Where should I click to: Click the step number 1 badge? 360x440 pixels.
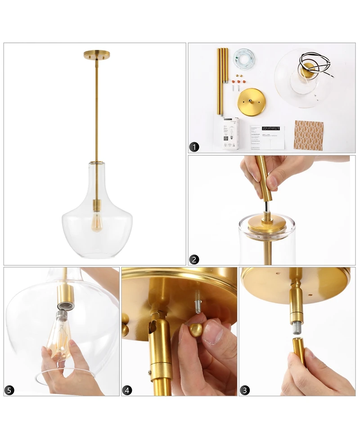point(194,147)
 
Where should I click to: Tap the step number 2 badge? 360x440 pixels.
point(194,259)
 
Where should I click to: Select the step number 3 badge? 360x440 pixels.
point(244,390)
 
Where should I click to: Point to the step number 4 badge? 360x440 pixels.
point(128,390)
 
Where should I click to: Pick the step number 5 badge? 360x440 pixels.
point(9,390)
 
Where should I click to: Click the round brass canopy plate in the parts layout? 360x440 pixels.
point(251,102)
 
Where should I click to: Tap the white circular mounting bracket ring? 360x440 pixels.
point(244,58)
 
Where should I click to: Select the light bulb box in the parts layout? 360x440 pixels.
point(230,133)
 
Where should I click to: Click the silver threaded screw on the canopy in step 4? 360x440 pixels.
point(197,297)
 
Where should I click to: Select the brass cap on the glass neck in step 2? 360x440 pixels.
point(267,223)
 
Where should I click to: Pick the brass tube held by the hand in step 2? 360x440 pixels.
point(265,180)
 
